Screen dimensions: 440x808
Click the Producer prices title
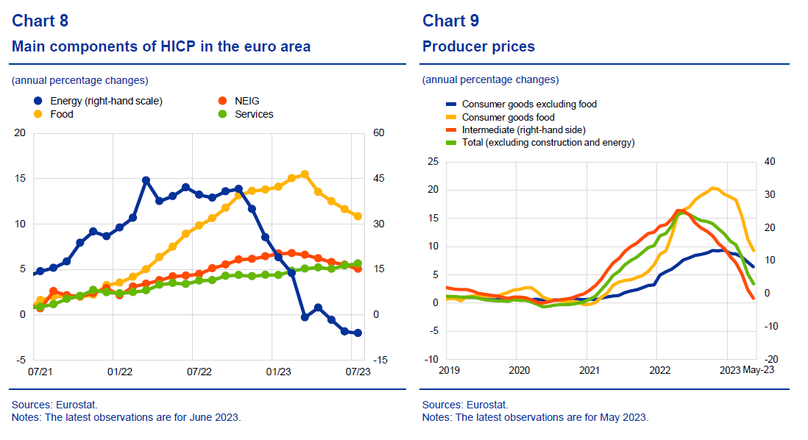tap(478, 47)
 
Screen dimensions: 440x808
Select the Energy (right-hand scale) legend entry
tap(106, 101)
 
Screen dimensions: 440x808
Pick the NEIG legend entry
tap(247, 101)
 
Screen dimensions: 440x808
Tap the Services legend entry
tap(254, 114)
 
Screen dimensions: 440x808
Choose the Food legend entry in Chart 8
tap(62, 114)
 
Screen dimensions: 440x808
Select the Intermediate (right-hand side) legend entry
tap(522, 129)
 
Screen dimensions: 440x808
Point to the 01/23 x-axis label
tap(278, 372)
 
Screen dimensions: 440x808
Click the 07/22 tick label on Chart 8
tap(198, 372)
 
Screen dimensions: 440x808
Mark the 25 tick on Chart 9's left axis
tap(433, 161)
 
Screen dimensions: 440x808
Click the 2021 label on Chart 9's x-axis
tap(589, 370)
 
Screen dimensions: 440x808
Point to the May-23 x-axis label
tap(758, 370)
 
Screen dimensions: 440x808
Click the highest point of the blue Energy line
tap(146, 180)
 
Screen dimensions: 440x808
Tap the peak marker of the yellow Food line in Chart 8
tap(305, 174)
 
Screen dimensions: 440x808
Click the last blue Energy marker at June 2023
tap(358, 333)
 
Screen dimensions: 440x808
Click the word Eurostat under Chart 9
tap(489, 405)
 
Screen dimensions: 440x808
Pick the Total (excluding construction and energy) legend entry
tap(547, 143)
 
